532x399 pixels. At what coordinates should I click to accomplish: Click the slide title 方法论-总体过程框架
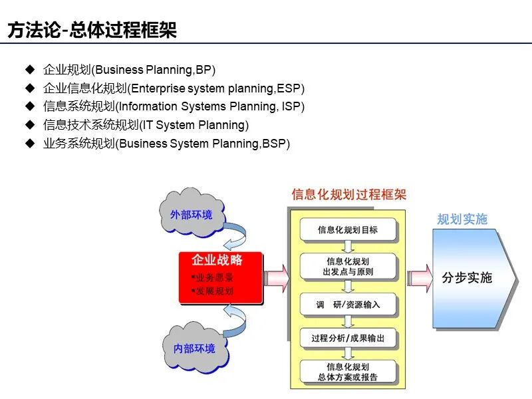(92, 31)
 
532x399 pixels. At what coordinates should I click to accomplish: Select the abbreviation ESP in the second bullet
(291, 88)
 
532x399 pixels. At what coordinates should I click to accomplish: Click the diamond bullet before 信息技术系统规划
(29, 125)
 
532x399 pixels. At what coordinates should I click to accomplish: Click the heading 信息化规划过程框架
(349, 195)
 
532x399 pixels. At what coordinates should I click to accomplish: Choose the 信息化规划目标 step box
(348, 230)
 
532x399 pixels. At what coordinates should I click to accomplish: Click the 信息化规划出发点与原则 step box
(348, 267)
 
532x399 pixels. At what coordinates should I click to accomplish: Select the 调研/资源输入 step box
(348, 305)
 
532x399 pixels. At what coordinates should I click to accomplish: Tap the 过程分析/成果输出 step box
(348, 338)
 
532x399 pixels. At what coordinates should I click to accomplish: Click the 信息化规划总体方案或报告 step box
(348, 372)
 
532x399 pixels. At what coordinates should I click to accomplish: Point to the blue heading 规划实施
(462, 219)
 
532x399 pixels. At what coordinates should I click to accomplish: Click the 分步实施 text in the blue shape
(467, 277)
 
